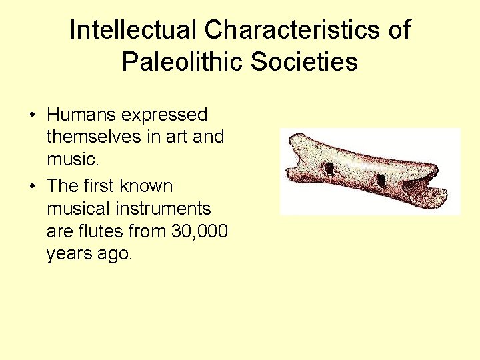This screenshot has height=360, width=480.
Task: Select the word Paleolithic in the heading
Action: (183, 62)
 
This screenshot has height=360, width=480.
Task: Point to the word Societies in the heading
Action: (305, 62)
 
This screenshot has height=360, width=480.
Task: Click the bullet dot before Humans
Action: (32, 115)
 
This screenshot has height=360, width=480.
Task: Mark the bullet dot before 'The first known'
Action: (32, 186)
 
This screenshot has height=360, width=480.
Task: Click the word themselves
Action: (90, 137)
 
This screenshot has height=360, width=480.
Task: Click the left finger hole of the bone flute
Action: (328, 167)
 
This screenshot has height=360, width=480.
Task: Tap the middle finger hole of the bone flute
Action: (381, 180)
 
